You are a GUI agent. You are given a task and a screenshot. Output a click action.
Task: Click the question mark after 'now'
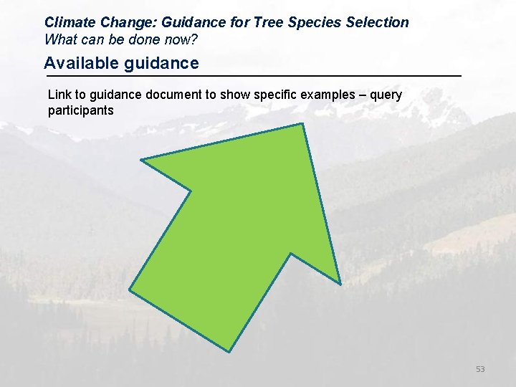pos(193,39)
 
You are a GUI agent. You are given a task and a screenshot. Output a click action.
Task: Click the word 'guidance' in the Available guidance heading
pos(161,64)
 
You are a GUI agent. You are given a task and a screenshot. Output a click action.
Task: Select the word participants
pos(80,111)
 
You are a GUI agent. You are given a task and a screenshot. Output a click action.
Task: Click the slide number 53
pos(479,369)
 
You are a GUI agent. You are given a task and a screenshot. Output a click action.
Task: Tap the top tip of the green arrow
pos(303,125)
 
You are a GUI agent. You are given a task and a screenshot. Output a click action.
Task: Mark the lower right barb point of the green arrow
pos(340,281)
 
